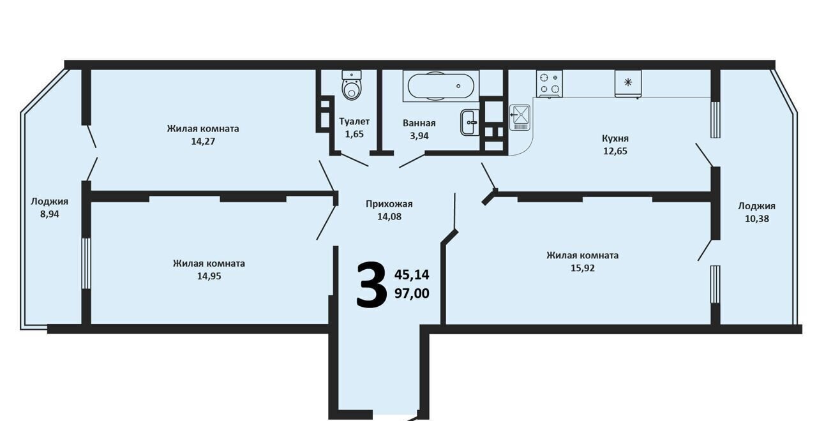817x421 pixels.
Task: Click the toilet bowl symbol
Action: coord(352,85)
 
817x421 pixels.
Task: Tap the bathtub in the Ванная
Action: coord(440,86)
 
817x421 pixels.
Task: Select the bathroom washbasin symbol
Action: coord(470,122)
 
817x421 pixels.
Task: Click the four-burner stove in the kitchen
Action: coord(550,84)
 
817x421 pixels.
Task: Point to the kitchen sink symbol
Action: coord(520,118)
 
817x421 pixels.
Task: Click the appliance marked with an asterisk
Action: coord(627,84)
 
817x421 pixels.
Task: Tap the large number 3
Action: coord(371,284)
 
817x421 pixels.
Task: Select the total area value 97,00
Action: coord(412,293)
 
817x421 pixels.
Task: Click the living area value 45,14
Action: coord(412,274)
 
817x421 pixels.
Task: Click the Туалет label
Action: coord(354,121)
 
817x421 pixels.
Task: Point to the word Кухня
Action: coord(615,138)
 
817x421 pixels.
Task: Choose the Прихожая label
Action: coord(389,204)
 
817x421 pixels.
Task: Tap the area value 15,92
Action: coord(583,269)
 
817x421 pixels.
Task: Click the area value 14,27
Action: coord(203,142)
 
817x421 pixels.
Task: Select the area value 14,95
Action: coord(209,276)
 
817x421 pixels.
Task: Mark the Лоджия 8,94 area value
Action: coord(50,214)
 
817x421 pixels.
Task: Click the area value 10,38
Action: coord(757,219)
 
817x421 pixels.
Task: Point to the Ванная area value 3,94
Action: coord(419,136)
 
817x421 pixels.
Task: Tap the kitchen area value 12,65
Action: coord(615,151)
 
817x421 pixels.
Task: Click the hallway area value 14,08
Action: coord(389,217)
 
